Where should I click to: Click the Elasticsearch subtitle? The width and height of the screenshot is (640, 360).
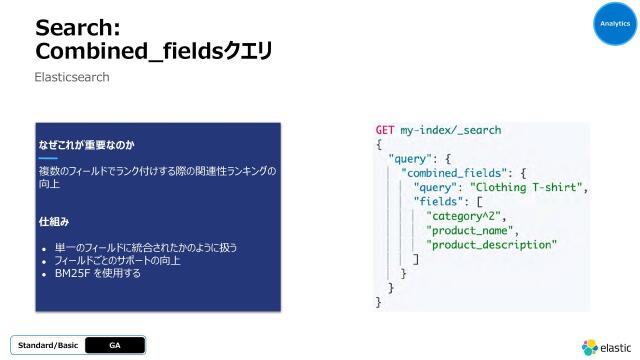click(72, 76)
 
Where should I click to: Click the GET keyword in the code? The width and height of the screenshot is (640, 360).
click(385, 130)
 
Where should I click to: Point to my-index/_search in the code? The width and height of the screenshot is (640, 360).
click(451, 130)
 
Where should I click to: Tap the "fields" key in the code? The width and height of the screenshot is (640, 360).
click(440, 201)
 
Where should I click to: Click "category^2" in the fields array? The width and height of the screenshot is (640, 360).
click(466, 215)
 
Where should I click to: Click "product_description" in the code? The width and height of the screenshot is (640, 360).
click(491, 244)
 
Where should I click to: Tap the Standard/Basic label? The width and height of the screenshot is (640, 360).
click(48, 345)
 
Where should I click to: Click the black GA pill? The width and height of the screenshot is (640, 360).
click(114, 345)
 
